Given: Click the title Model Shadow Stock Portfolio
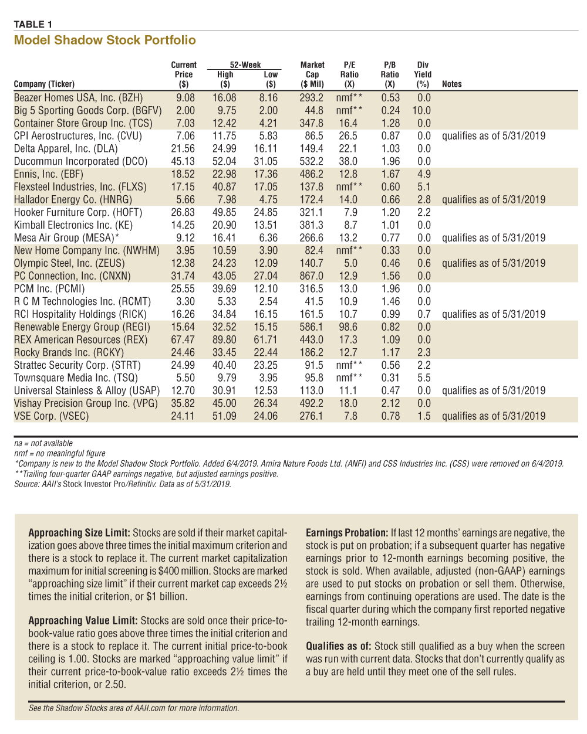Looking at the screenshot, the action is coord(104,40).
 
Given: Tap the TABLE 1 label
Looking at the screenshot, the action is coord(33,24).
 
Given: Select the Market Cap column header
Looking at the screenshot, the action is coord(312,74).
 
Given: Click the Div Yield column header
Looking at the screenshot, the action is coord(423,74).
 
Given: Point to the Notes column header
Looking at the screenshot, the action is coord(451,84).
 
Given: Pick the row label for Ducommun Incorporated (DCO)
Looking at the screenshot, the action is coord(80,161).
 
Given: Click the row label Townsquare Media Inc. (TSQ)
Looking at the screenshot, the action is coord(76,378).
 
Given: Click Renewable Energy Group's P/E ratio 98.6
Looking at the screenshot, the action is coord(348,327).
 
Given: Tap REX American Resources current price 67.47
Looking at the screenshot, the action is coord(183,339).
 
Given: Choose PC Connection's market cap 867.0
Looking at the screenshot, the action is coord(311,276).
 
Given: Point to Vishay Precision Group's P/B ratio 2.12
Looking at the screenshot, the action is coord(390,403).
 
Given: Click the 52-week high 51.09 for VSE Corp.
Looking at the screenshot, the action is coord(224,416).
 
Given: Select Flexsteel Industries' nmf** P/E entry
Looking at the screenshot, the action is coord(349,186).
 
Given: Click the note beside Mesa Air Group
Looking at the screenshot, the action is coord(494,238).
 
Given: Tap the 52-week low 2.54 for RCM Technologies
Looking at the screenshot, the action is coord(268,301).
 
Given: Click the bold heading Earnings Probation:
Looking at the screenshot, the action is coord(346,533).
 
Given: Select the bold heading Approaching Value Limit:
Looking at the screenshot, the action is coord(83,620).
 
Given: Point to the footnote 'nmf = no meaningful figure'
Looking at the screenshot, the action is coord(59,453).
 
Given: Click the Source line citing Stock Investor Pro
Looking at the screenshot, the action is coord(123,484).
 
